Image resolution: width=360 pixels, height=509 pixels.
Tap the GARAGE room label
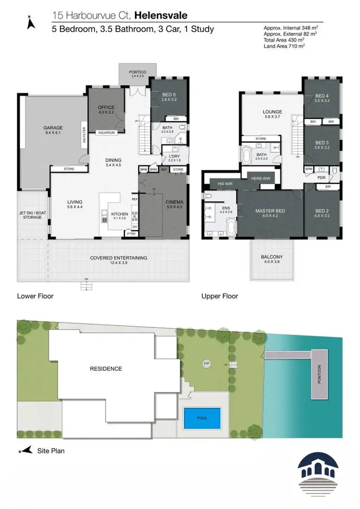point(53,128)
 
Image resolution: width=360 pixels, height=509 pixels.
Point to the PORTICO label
point(137,72)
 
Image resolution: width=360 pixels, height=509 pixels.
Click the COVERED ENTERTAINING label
point(119,258)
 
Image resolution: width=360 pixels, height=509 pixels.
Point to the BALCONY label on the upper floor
point(272,257)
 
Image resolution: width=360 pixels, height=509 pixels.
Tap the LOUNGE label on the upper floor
point(273,112)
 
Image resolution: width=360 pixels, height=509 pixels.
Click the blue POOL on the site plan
point(202,418)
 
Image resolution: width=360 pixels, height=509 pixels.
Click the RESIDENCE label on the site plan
point(106,368)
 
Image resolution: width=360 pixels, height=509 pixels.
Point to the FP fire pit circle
point(207,364)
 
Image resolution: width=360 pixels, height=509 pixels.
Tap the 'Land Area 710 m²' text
point(284,46)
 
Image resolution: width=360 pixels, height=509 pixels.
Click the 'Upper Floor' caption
point(220,296)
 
